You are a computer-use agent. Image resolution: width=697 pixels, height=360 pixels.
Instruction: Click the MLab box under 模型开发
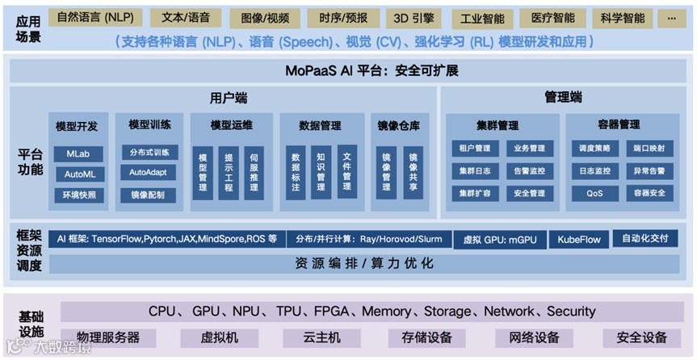[79, 153]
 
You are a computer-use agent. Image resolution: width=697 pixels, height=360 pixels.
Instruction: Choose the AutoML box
[79, 174]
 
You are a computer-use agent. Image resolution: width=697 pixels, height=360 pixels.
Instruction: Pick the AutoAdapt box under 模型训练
[149, 173]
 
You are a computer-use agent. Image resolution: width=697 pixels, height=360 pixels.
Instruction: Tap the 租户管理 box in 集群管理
[475, 149]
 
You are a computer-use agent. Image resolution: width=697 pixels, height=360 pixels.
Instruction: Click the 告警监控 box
[529, 171]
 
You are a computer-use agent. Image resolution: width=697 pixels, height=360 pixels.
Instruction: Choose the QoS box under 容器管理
[595, 194]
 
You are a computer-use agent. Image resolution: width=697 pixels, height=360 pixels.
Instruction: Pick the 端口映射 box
[649, 149]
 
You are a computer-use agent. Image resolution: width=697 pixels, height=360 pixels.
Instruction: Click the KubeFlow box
[578, 240]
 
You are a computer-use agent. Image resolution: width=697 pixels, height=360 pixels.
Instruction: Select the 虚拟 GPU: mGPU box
[498, 240]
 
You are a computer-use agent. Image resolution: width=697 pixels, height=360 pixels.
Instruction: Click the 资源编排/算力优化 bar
[363, 263]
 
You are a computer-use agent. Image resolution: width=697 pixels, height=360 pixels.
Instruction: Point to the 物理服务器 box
[108, 337]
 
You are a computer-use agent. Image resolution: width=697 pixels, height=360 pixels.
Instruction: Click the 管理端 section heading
[564, 98]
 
